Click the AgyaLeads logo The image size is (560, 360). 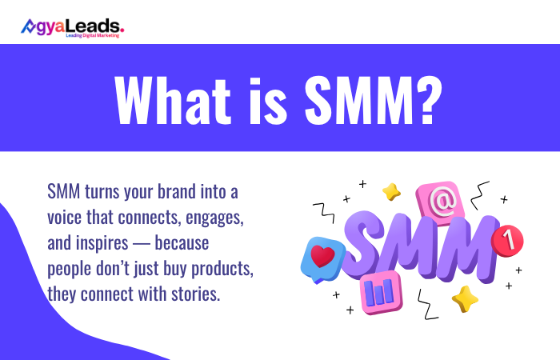pyautogui.click(x=72, y=27)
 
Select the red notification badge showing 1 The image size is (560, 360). pyautogui.click(x=505, y=238)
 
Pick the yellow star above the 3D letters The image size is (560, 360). pyautogui.click(x=391, y=191)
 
